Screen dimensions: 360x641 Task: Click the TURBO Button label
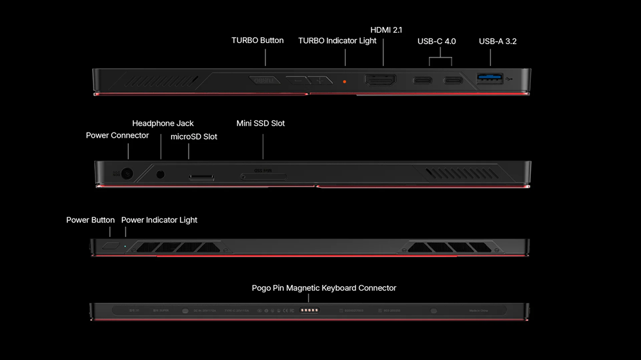257,40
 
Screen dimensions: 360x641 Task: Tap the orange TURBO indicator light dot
345,81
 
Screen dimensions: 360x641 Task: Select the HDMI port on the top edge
381,81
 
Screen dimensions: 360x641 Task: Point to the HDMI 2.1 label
387,30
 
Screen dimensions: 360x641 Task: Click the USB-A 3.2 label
497,41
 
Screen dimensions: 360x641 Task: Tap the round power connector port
128,174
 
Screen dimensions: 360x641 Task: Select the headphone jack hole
160,174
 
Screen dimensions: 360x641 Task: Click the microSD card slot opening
201,176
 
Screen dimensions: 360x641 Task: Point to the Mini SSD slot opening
263,176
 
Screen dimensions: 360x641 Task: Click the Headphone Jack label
163,123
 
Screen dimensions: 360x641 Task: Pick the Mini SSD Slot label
260,123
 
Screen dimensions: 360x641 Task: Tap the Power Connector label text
117,135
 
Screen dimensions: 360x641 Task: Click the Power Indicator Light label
159,220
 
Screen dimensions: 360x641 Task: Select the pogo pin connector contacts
310,310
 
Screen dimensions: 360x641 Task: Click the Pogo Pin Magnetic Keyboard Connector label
324,288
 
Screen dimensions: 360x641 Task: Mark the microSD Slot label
194,136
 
